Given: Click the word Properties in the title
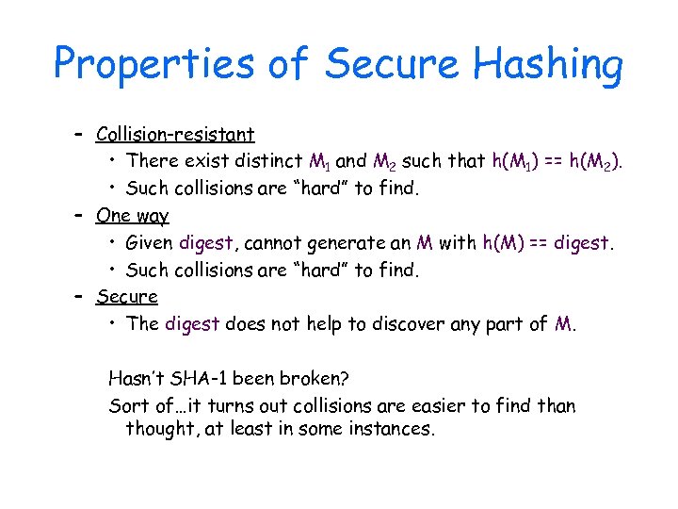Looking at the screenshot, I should pyautogui.click(x=153, y=64).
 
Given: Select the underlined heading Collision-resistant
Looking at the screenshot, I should pyautogui.click(x=175, y=134).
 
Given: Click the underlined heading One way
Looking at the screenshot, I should pyautogui.click(x=132, y=215).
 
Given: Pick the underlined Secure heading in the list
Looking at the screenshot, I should pyautogui.click(x=127, y=296).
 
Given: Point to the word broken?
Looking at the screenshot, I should pyautogui.click(x=310, y=379).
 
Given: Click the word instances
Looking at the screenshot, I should pyautogui.click(x=394, y=430).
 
